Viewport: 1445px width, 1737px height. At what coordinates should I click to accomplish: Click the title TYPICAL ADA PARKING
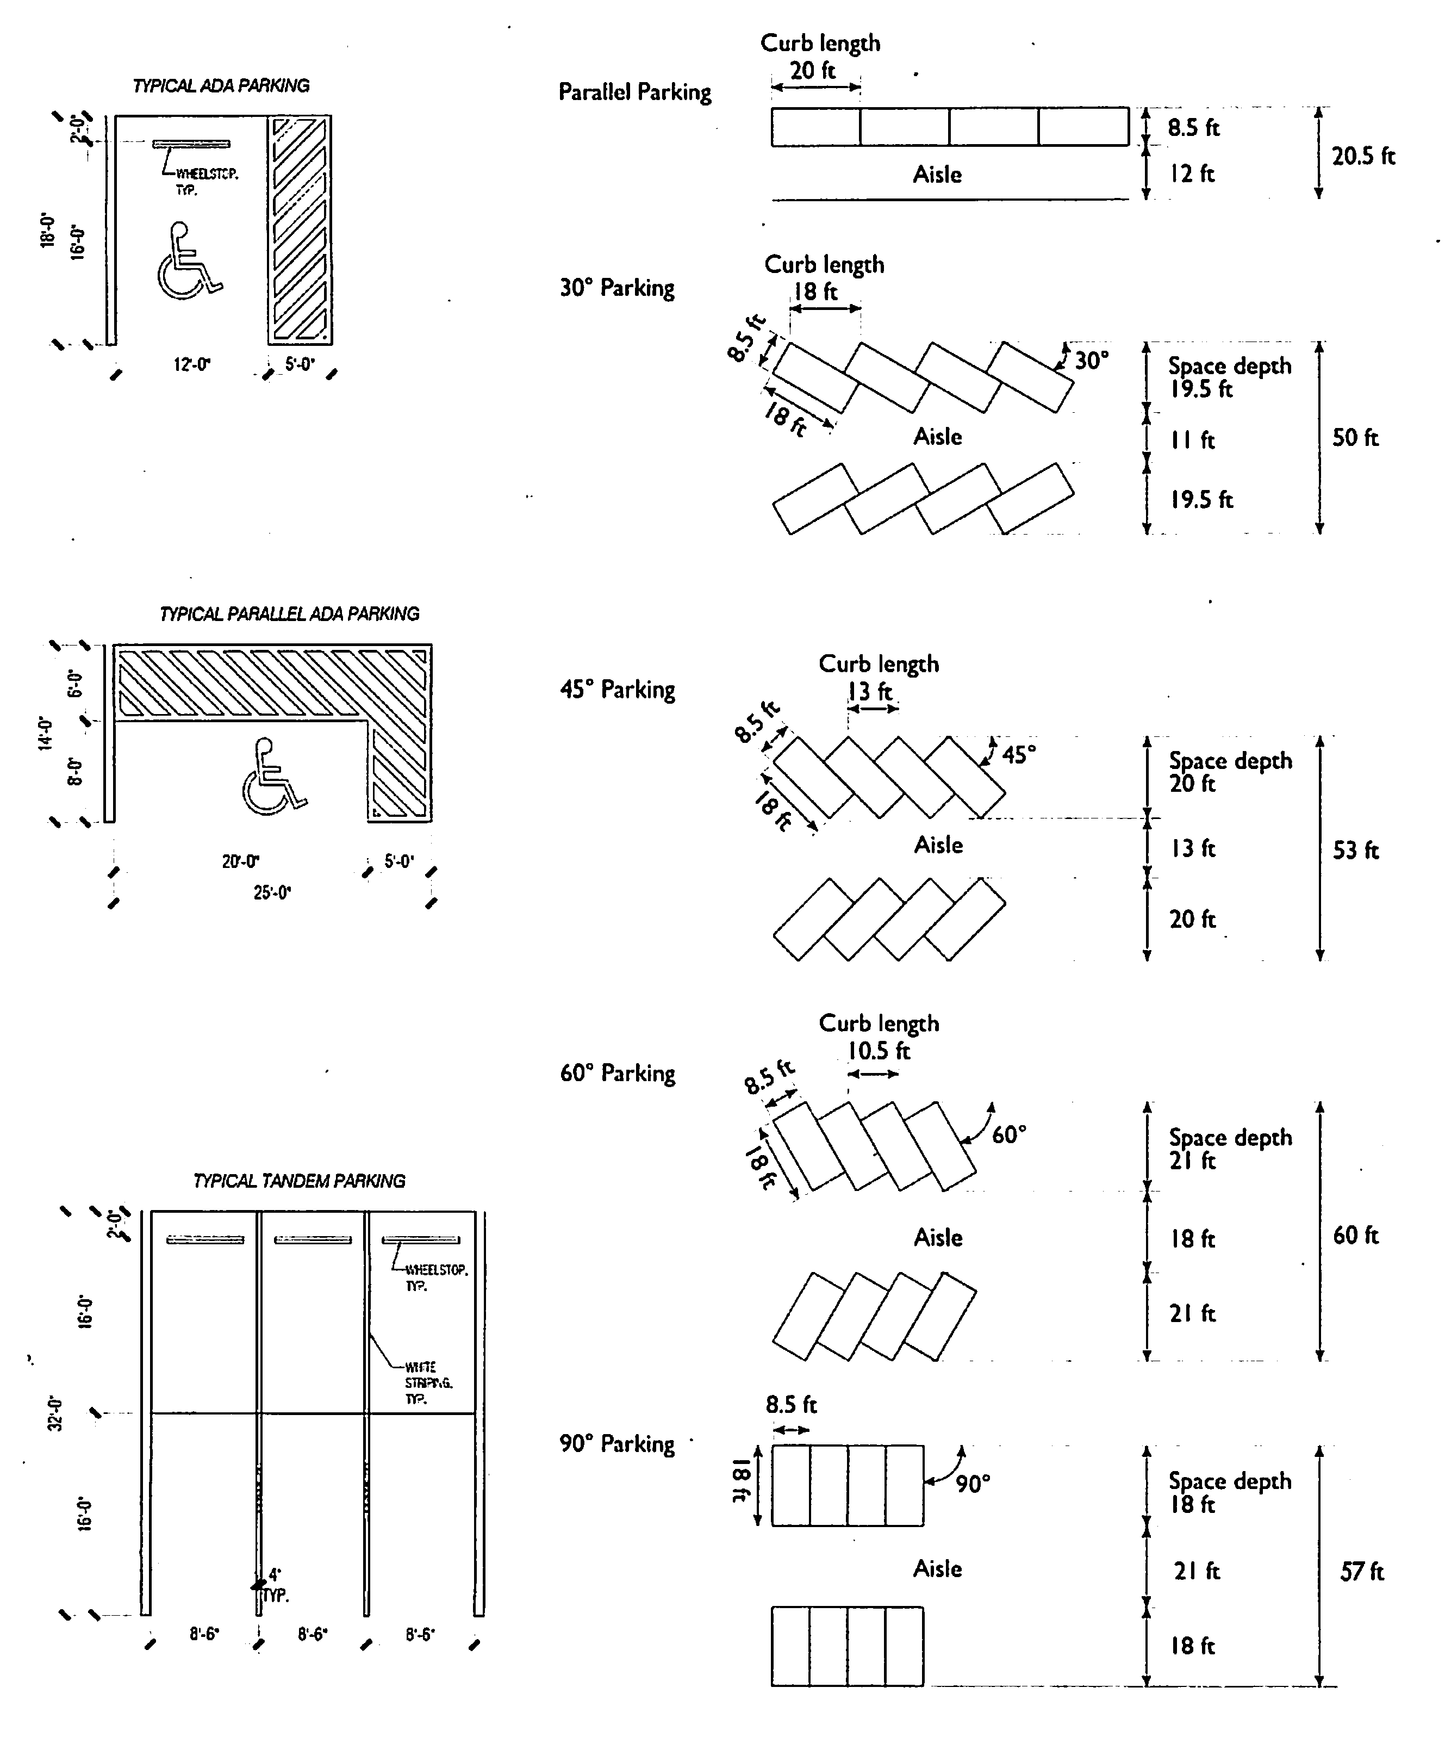[x=221, y=86]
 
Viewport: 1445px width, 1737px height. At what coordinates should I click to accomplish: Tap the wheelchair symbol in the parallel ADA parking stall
[x=273, y=776]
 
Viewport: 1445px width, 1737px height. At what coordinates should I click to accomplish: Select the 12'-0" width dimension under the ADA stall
[x=192, y=364]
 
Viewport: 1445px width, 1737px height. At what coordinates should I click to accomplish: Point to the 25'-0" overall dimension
[x=272, y=892]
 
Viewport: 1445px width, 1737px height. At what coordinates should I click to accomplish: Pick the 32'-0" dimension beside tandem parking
[x=54, y=1413]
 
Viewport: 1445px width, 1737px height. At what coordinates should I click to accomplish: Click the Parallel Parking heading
[x=635, y=92]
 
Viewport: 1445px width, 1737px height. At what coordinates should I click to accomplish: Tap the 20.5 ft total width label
[x=1362, y=156]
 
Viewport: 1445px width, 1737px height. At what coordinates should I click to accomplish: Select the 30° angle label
[x=1091, y=360]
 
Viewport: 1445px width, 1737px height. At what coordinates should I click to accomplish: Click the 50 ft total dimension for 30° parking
[x=1355, y=438]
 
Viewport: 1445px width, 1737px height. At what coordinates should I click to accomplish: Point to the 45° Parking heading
[x=616, y=689]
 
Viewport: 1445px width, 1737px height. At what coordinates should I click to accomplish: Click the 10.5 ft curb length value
[x=878, y=1051]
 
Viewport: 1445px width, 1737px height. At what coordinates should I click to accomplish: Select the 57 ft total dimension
[x=1361, y=1572]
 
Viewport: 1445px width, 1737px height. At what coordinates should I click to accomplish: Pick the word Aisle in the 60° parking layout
[x=937, y=1237]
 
